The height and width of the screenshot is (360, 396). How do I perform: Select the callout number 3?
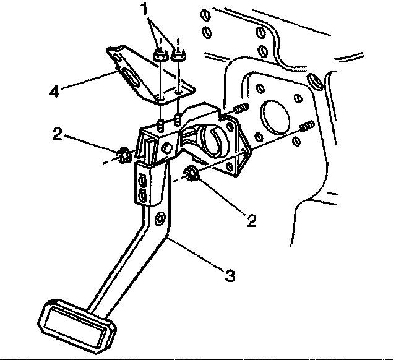tap(230, 275)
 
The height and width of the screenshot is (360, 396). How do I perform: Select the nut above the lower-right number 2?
tap(192, 174)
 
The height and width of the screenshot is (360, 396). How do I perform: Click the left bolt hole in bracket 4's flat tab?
tap(160, 98)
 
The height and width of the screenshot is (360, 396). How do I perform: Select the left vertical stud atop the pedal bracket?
tap(160, 124)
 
